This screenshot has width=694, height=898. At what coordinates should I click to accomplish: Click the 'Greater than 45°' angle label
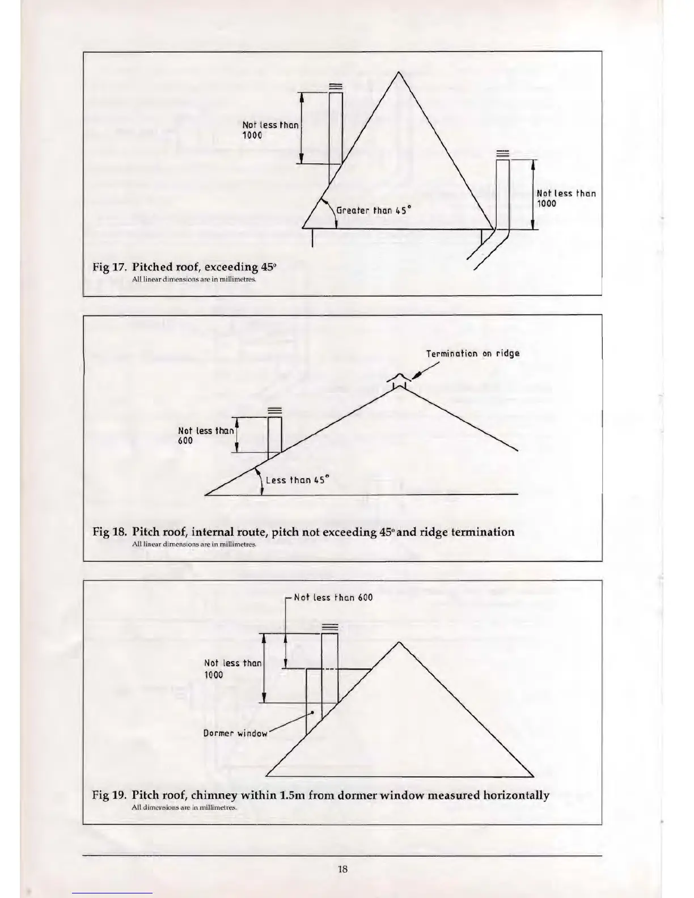pos(373,210)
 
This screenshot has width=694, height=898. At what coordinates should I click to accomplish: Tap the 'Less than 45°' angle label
pos(297,480)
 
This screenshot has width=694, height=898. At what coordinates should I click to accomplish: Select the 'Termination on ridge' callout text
pos(472,354)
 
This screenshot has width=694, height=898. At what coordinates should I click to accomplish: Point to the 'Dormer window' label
pos(235,734)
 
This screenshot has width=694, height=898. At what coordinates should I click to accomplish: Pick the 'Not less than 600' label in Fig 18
pos(205,435)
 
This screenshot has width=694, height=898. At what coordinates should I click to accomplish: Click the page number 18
pos(342,869)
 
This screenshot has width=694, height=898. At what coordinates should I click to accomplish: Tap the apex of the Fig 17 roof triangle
pos(399,72)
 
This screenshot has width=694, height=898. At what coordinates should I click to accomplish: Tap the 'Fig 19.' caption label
pos(109,795)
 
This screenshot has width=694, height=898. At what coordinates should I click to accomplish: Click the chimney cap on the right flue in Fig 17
pos(502,153)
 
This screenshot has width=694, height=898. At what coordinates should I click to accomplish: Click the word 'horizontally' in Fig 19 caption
pos(516,795)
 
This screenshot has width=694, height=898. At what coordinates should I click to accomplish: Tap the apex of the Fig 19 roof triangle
pos(400,642)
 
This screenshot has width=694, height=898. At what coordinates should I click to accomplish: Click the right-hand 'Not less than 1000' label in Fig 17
pos(565,198)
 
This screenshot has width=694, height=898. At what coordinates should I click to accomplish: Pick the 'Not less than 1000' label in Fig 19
pos(232,669)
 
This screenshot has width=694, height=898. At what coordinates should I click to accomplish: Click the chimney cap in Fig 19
pos(329,627)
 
